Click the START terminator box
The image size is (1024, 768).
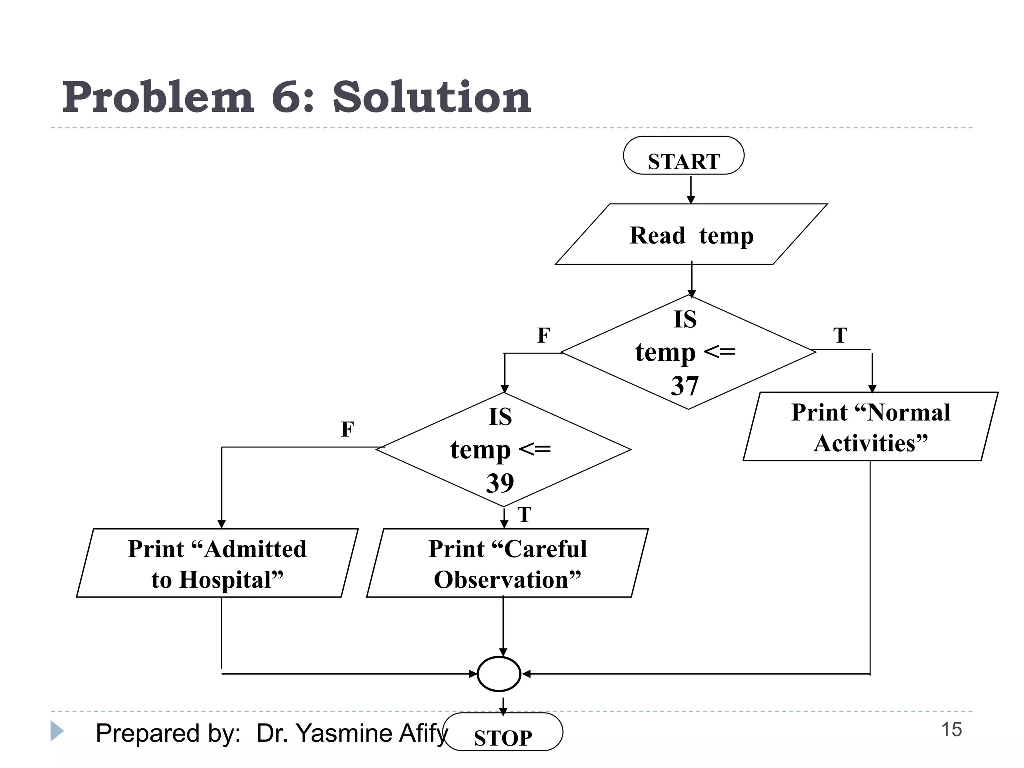[x=683, y=156]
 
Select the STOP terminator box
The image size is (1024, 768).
[x=503, y=732]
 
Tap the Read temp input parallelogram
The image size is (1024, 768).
[x=691, y=235]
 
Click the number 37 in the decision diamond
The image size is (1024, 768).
[x=684, y=386]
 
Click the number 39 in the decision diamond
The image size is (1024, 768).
[x=500, y=483]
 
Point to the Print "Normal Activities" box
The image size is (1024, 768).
[x=870, y=427]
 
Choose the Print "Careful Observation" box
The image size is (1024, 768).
[x=507, y=563]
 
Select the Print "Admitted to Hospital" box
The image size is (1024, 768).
[x=217, y=563]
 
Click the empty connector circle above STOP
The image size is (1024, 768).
[x=499, y=674]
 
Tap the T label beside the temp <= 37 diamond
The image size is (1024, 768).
[x=840, y=335]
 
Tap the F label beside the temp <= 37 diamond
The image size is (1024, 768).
[x=543, y=335]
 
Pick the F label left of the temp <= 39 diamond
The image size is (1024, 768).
[x=347, y=429]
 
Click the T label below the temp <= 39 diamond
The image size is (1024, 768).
[x=524, y=515]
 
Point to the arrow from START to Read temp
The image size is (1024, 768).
[x=691, y=189]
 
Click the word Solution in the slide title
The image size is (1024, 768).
[x=432, y=97]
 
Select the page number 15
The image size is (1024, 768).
[x=951, y=730]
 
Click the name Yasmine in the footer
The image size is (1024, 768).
[x=344, y=733]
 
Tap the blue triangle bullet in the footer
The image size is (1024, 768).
[x=57, y=731]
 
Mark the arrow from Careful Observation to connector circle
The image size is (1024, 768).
[x=503, y=627]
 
